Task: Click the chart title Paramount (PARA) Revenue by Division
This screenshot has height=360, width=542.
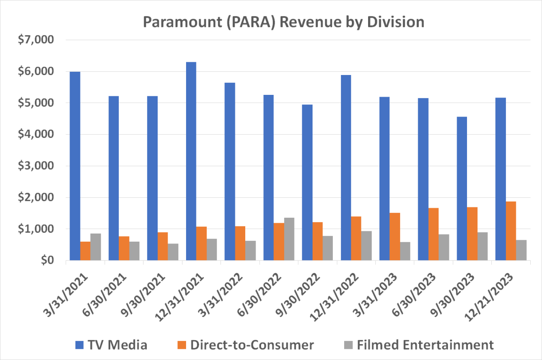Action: [x=283, y=22]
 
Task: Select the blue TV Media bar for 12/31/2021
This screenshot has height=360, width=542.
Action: [x=191, y=161]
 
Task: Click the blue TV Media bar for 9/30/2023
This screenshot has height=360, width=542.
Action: [x=462, y=188]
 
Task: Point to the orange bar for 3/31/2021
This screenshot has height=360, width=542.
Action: [x=85, y=251]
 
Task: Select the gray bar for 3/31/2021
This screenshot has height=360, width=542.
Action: [x=96, y=247]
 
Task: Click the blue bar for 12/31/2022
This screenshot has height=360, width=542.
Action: [x=346, y=168]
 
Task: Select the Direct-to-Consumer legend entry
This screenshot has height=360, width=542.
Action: [x=244, y=346]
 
